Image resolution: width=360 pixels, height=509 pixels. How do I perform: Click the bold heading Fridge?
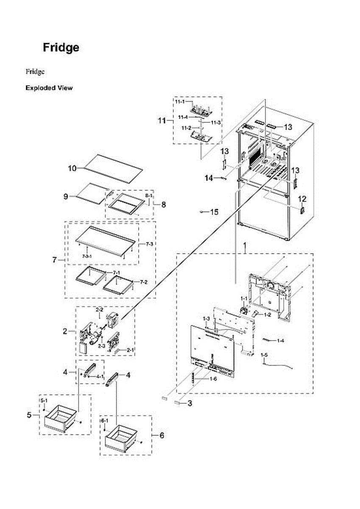tap(61, 48)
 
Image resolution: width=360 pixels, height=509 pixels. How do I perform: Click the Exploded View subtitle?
tap(49, 88)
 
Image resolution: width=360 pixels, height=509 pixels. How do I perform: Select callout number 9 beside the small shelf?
tap(66, 196)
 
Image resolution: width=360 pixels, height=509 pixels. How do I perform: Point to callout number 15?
tap(214, 212)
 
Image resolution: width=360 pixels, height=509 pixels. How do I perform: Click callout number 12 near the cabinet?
tap(301, 199)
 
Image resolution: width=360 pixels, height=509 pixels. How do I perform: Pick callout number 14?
tap(209, 179)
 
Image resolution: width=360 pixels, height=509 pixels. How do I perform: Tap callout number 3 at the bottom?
tap(190, 403)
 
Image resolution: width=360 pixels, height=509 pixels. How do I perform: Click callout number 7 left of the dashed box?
tap(55, 260)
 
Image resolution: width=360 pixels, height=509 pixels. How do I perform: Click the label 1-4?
tap(280, 341)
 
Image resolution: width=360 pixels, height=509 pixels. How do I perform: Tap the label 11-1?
tap(180, 102)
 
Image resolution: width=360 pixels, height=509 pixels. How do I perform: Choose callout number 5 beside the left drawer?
tap(29, 415)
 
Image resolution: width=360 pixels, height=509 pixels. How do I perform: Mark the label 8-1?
tap(148, 196)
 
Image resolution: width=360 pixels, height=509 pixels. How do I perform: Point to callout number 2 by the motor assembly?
tap(65, 331)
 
